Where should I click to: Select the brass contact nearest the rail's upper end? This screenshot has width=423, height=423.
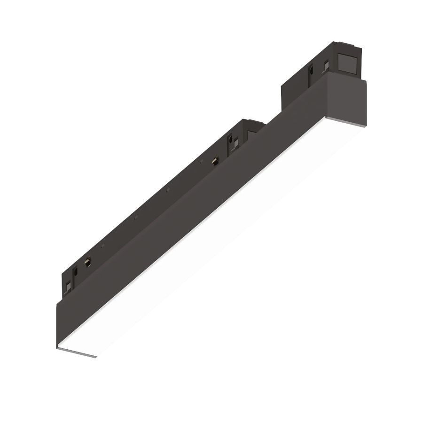(215, 160)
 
